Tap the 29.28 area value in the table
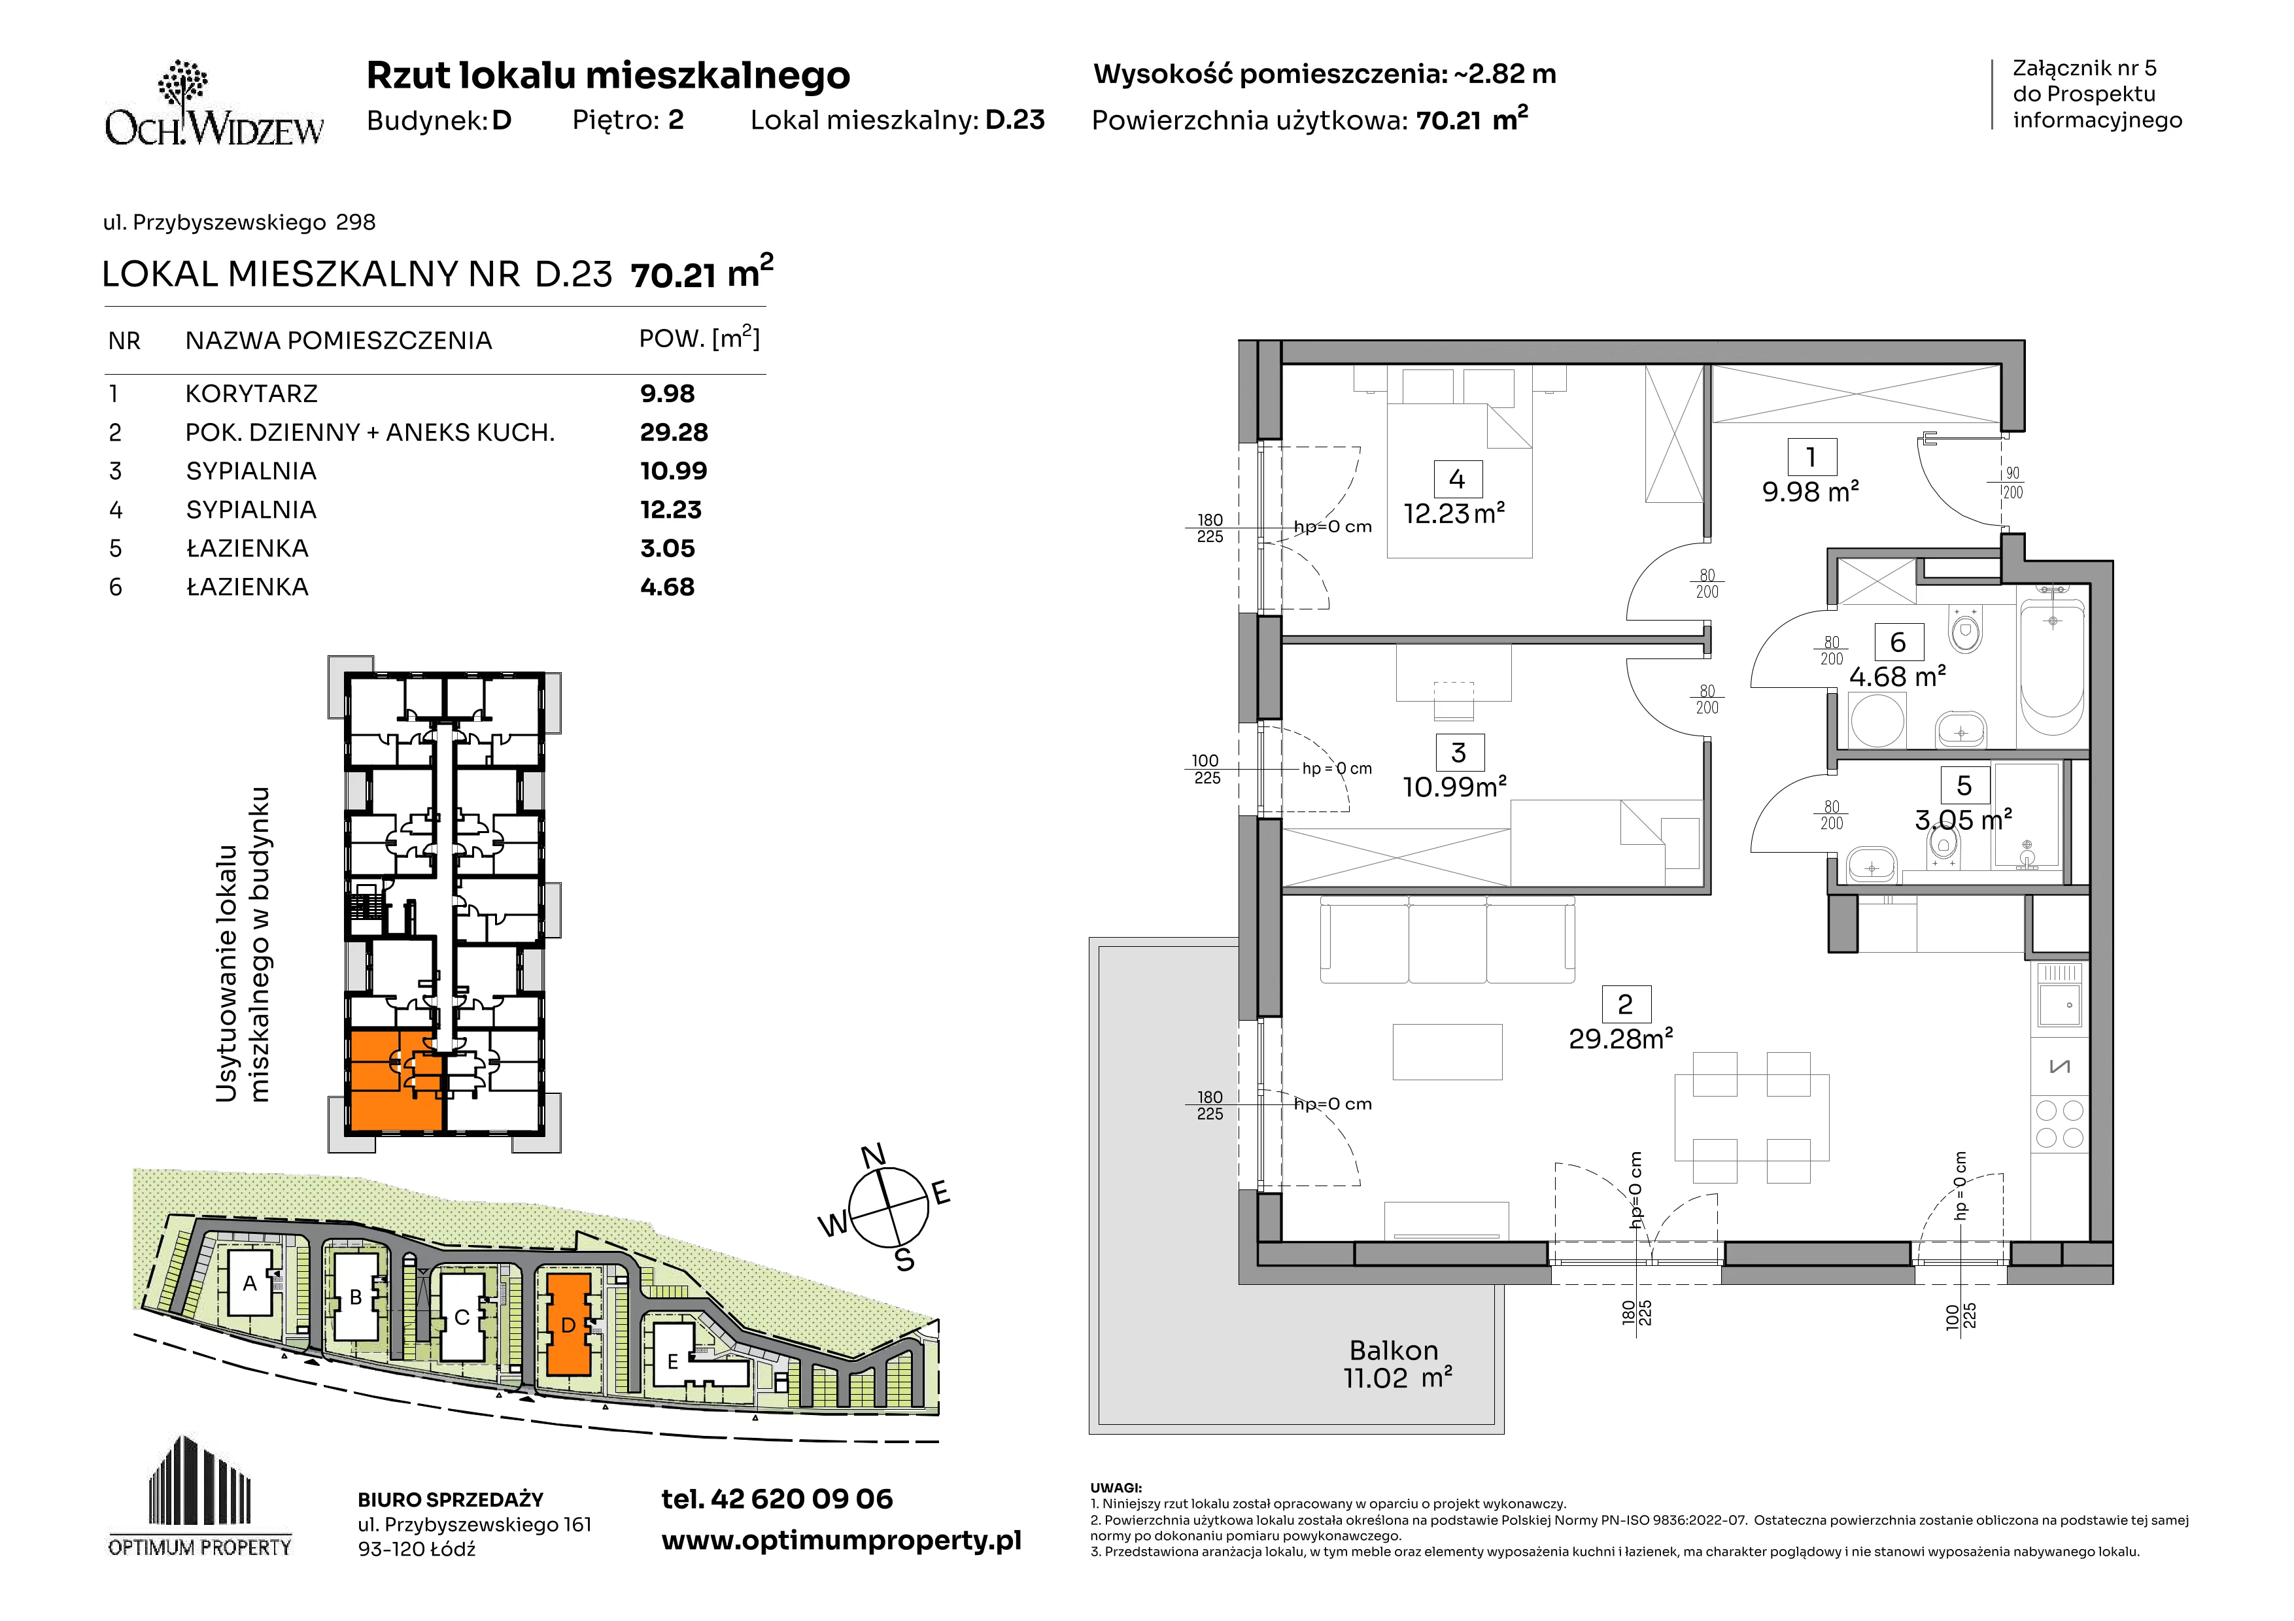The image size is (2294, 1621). [x=674, y=432]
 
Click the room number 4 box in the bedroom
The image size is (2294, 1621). [x=1457, y=479]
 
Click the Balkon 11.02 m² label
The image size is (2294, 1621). [x=1395, y=1364]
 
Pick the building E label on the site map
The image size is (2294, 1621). [x=672, y=1361]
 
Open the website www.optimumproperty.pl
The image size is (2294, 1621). [x=841, y=1541]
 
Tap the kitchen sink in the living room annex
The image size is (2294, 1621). [x=2059, y=1005]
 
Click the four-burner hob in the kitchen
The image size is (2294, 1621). [x=2059, y=1123]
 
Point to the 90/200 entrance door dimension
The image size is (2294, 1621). [x=2012, y=483]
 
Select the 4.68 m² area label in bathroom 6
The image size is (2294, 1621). [x=1897, y=677]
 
